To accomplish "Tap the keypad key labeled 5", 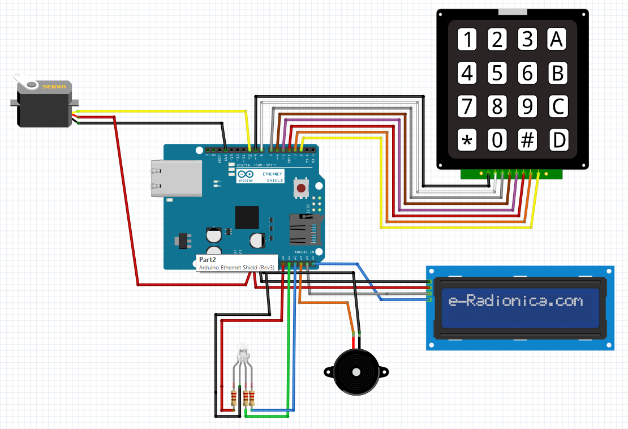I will tap(497, 73).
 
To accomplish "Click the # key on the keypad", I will tap(527, 140).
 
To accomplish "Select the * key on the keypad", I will tap(467, 140).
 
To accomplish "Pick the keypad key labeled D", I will tap(558, 140).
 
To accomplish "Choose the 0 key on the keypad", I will tap(497, 140).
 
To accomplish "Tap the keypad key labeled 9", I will tap(527, 106).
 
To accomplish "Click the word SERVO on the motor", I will tap(54, 87).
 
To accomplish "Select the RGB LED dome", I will tap(243, 351).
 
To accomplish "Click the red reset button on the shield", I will tap(302, 188).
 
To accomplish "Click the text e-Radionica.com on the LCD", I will tap(515, 301).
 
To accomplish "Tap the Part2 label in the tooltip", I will tap(208, 259).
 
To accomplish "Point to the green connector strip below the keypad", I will tap(513, 173).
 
